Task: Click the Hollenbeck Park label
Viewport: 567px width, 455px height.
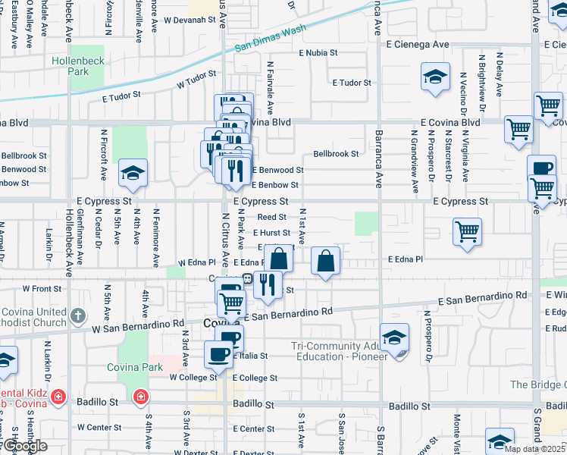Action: [70, 66]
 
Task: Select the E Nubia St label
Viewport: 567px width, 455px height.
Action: [318, 53]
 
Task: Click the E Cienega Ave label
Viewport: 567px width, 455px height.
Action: [417, 45]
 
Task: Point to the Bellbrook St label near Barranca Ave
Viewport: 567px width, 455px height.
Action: [336, 154]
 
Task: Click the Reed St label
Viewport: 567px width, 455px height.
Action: [271, 217]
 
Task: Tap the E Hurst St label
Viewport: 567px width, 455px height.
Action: [272, 234]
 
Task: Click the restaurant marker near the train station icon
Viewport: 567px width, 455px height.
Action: [268, 285]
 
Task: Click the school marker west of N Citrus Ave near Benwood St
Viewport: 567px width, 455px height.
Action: [133, 174]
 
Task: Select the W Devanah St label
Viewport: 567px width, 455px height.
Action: [190, 20]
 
